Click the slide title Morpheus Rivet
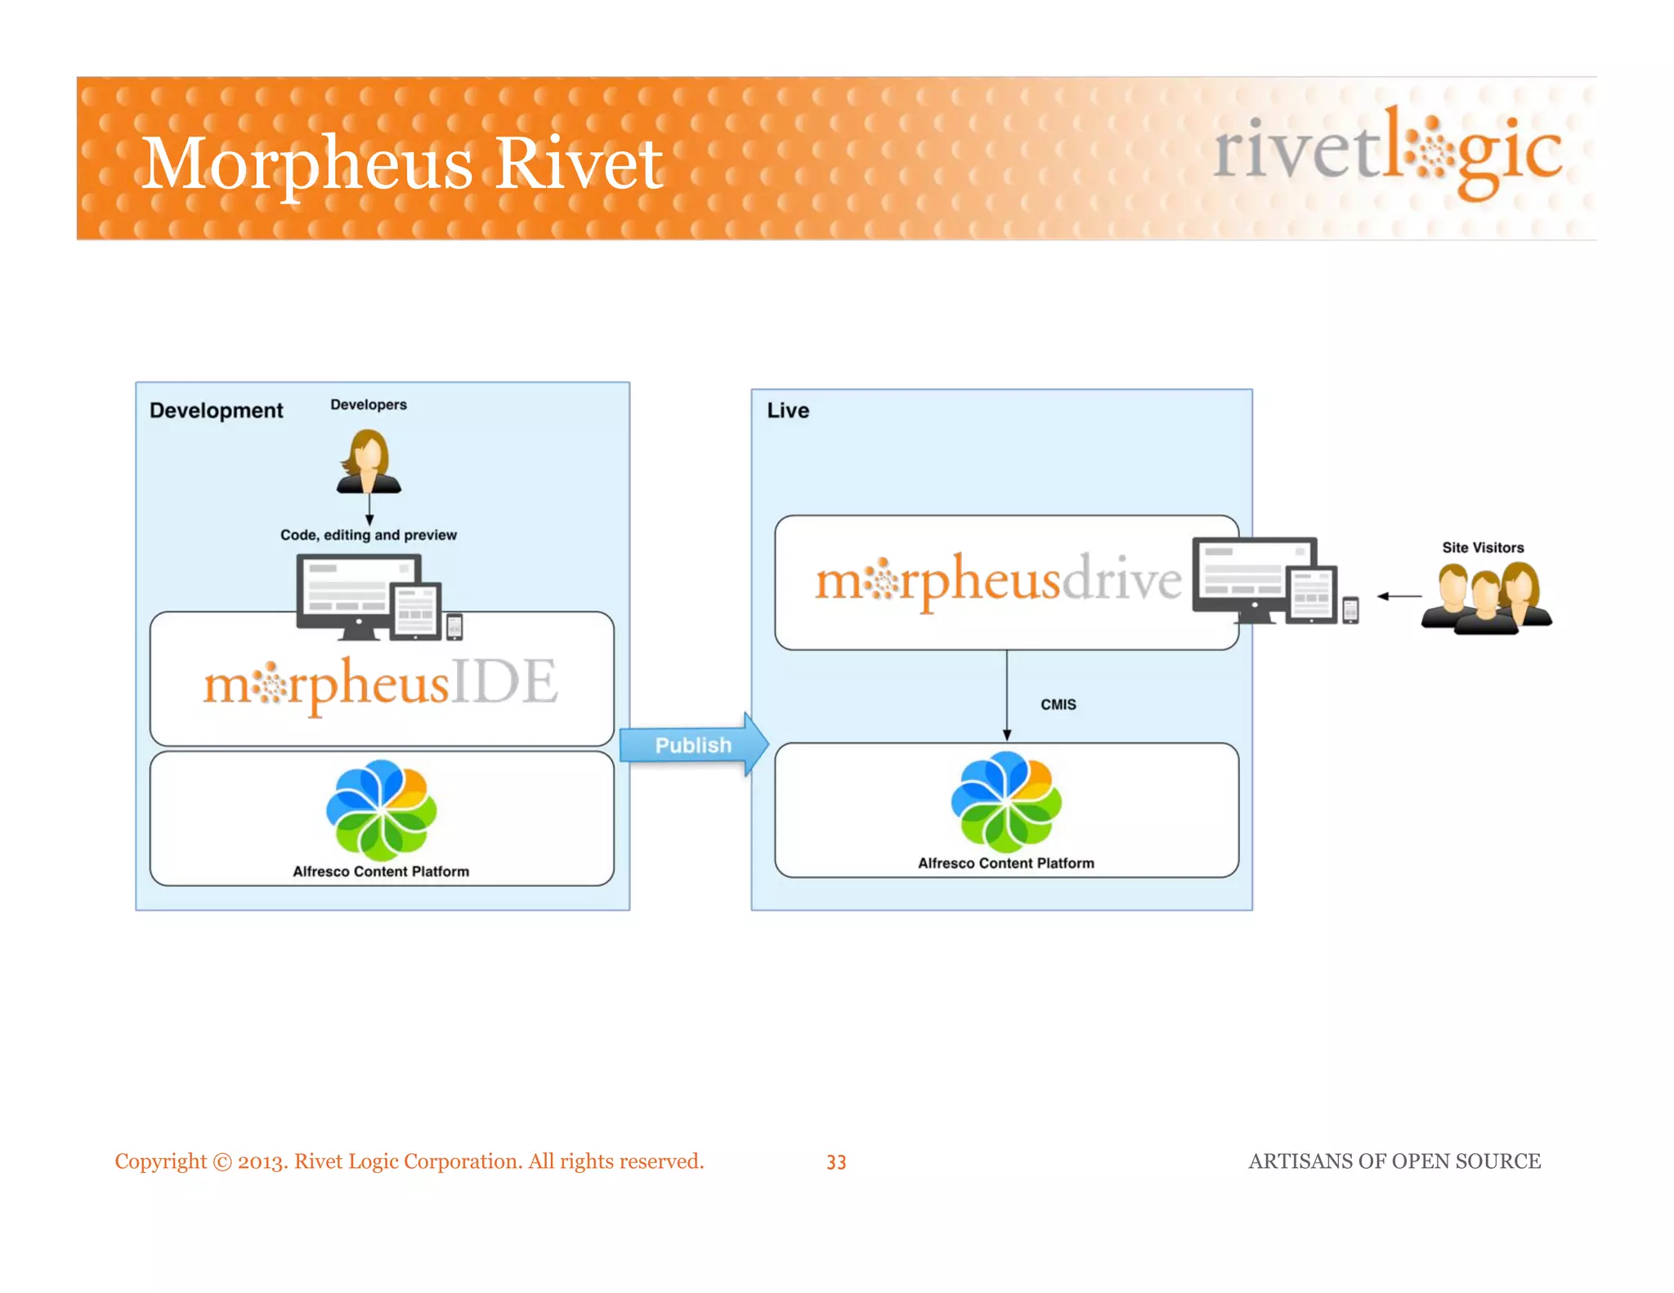[401, 164]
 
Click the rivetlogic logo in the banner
[1387, 151]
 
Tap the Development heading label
[216, 410]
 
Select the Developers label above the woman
[368, 405]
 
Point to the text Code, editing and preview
[368, 535]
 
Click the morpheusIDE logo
[381, 683]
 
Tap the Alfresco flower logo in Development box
[381, 809]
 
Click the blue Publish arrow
[693, 745]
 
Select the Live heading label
[787, 410]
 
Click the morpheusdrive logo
[998, 580]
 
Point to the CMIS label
[1058, 704]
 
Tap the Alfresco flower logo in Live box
[1005, 802]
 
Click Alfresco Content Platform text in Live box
[1005, 863]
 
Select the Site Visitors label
[1482, 548]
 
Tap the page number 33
[836, 1161]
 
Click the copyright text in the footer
[409, 1161]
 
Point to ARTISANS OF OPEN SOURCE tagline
[1394, 1161]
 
